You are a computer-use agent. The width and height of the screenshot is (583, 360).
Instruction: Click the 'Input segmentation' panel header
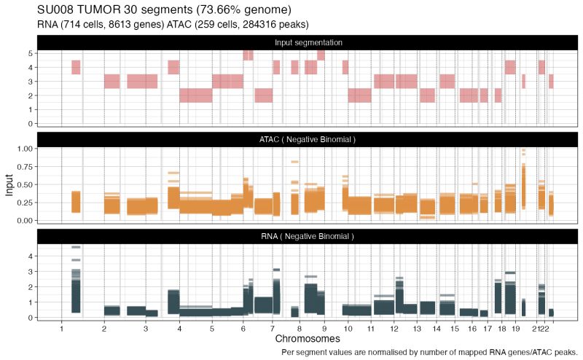coord(308,42)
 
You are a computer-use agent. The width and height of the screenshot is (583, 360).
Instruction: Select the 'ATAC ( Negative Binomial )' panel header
coord(308,139)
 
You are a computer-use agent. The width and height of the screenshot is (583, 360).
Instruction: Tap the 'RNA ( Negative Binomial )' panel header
coord(308,236)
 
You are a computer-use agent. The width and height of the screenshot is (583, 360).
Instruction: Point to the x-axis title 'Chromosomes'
coord(308,340)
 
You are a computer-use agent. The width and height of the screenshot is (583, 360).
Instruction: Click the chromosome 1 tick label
coord(61,329)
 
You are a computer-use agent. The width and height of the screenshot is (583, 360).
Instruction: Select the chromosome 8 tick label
coord(300,329)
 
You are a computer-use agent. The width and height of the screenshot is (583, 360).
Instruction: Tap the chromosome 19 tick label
coord(516,329)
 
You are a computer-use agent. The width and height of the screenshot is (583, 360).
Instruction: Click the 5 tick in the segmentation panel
coord(31,53)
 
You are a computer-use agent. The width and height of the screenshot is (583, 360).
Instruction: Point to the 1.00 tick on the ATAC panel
coord(24,148)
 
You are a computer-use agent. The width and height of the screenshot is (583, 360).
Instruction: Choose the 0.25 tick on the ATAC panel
coord(24,202)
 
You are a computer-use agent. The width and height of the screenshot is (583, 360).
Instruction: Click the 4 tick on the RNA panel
coord(31,257)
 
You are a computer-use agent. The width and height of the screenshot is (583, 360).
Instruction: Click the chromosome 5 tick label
coord(212,329)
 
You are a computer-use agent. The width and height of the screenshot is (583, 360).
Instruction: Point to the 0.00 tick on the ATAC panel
coord(24,220)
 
